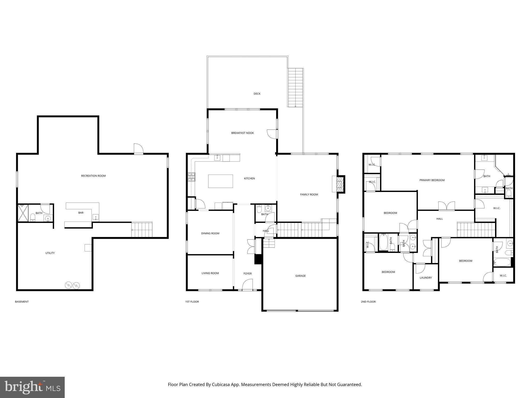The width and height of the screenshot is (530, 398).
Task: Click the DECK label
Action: coord(257,94)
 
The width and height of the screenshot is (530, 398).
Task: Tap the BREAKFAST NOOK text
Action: coord(242,133)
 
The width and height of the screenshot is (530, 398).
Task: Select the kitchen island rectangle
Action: coord(220,181)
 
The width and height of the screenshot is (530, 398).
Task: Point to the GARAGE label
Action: coord(300,276)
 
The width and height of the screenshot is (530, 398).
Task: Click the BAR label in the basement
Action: coord(81,213)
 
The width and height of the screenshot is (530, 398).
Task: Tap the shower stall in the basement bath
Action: coord(23,213)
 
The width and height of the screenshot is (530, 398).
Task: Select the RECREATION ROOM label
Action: coord(93,176)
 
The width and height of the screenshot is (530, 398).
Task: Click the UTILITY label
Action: coord(50,253)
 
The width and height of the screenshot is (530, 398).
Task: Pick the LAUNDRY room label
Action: coord(426,278)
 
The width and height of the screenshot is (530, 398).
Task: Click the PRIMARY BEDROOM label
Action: coord(432,180)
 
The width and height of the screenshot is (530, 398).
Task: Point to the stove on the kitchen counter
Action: coord(192,177)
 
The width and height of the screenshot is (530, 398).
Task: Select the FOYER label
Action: coord(247,274)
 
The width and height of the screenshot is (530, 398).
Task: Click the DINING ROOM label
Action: coord(210,233)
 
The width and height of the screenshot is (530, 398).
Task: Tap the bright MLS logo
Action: coord(32,387)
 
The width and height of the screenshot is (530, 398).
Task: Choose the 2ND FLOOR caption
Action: coord(368,302)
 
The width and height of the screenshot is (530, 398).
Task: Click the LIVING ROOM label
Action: coord(210,273)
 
